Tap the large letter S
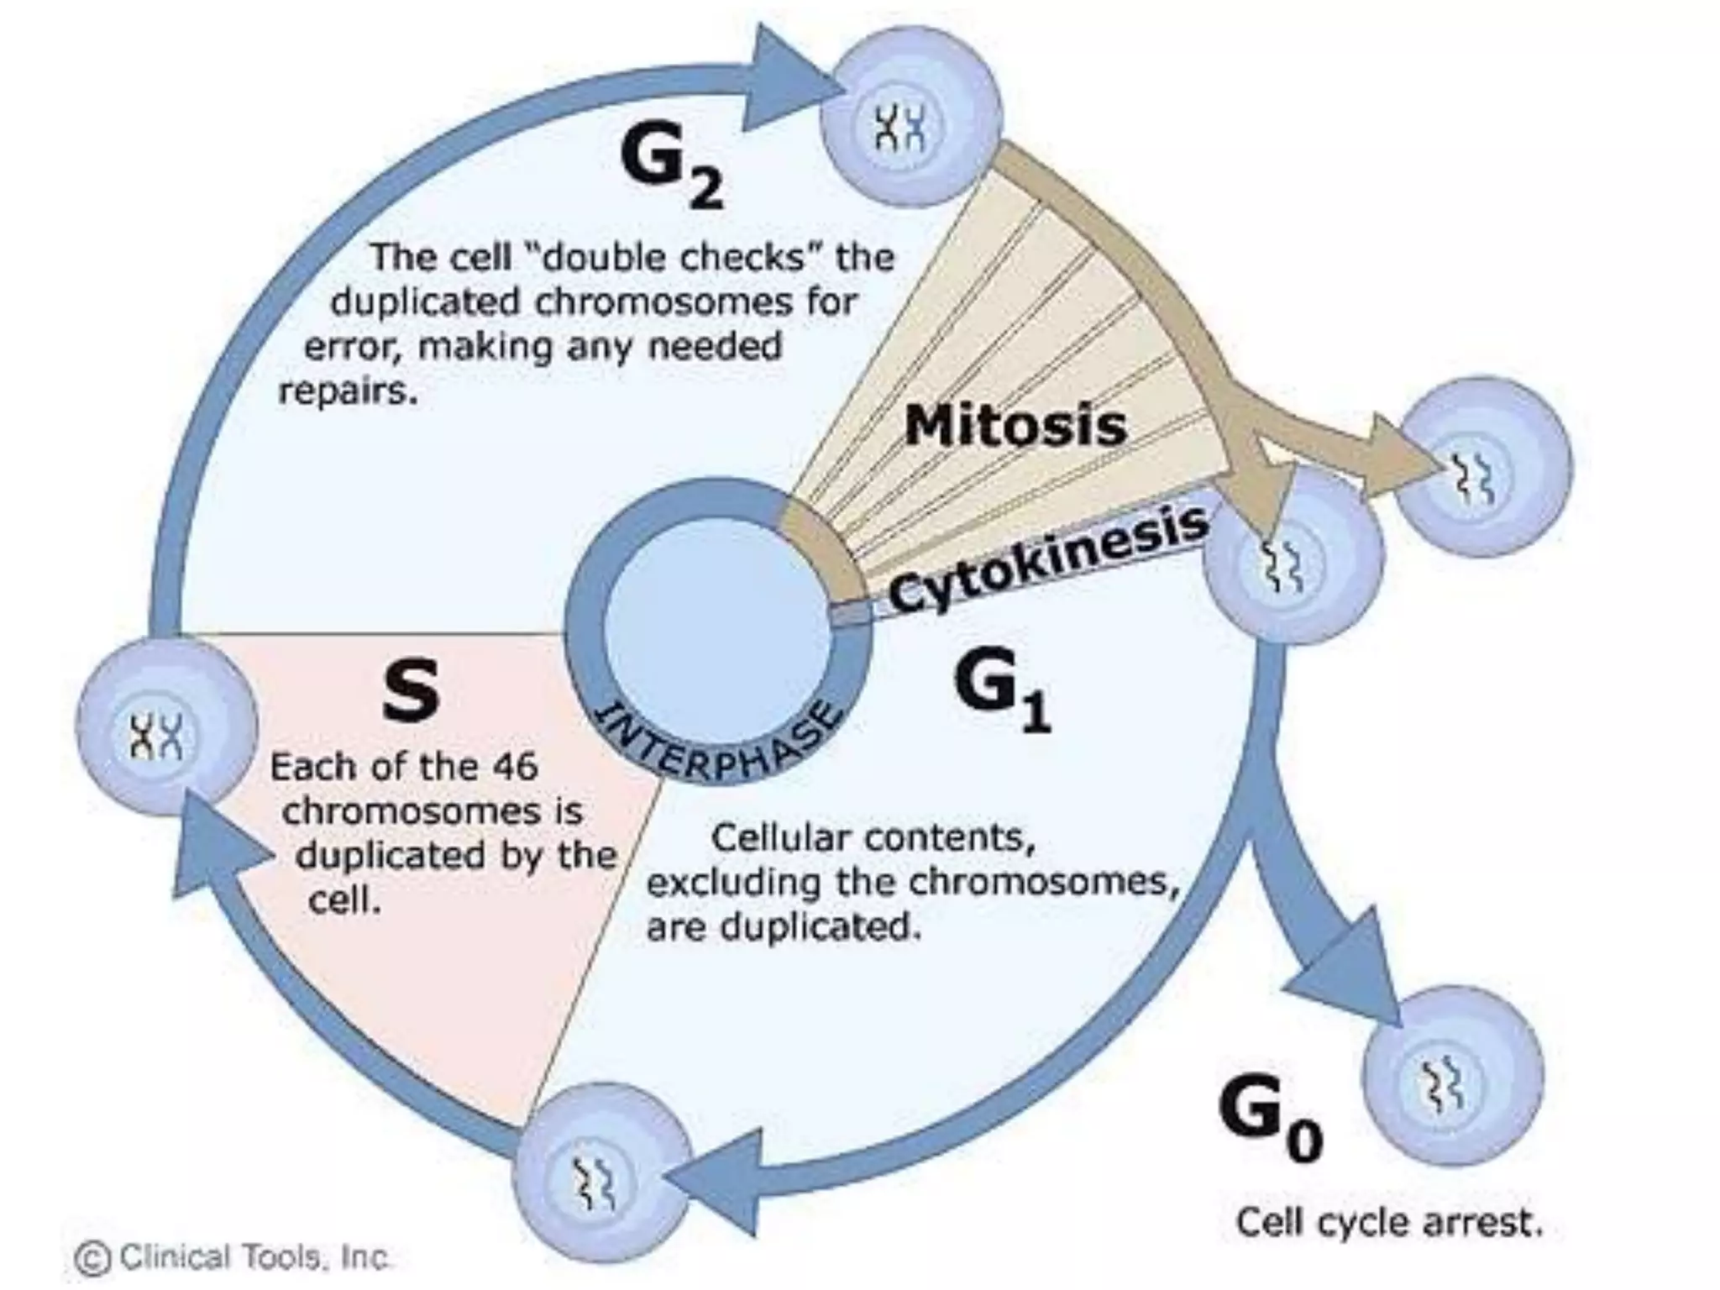pyautogui.click(x=410, y=690)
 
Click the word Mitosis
pyautogui.click(x=1015, y=425)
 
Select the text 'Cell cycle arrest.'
pyautogui.click(x=1389, y=1222)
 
